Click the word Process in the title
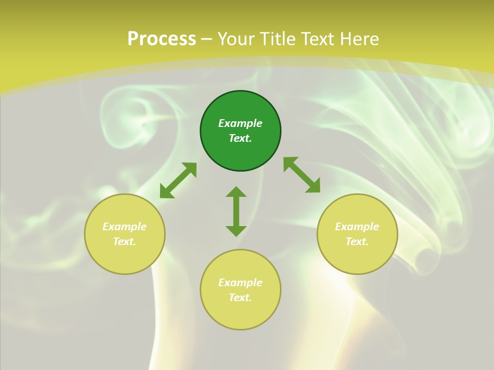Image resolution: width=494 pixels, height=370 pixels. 162,39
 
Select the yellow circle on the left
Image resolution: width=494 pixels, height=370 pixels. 125,257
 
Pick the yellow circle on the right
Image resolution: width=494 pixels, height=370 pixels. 357,257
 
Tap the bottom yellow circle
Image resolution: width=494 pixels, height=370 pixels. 240,313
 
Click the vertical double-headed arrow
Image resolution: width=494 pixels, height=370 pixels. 236,212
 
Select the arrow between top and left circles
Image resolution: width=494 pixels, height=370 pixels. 178,180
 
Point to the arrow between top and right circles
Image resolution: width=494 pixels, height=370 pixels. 302,175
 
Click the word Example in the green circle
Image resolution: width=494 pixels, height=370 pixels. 240,123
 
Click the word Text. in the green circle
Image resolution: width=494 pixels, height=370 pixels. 240,138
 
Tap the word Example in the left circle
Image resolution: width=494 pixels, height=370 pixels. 125,227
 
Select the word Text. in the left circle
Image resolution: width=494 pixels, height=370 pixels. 125,242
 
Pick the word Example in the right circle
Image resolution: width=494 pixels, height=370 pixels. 357,227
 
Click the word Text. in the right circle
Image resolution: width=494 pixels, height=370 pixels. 357,242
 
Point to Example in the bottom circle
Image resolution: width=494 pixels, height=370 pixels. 240,283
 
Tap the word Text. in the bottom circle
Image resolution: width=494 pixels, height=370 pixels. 240,298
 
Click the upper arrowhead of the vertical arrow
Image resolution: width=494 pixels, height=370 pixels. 236,192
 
